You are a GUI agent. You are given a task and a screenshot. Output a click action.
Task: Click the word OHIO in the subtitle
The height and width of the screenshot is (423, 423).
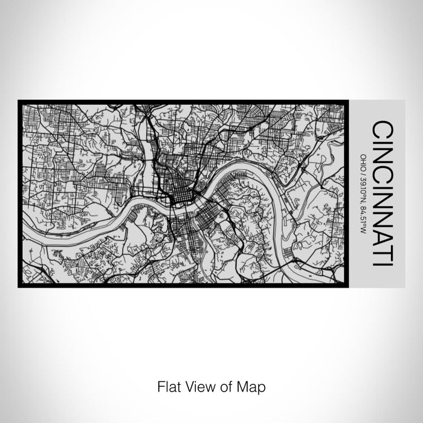(x=364, y=163)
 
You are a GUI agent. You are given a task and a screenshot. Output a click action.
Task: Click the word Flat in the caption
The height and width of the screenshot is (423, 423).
(x=167, y=386)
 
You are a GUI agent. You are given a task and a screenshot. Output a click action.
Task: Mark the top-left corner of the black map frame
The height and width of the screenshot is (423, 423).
(x=19, y=101)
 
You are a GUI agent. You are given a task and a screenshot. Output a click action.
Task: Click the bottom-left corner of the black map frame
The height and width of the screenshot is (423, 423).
(x=19, y=286)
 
